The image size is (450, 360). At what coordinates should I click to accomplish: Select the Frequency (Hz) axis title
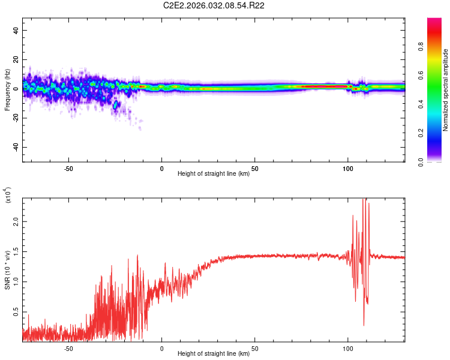point(8,91)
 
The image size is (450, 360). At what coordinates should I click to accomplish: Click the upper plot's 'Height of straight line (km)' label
point(214,173)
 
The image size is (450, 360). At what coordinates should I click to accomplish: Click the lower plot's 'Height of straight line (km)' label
point(214,353)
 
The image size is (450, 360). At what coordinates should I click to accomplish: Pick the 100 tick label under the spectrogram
point(348,168)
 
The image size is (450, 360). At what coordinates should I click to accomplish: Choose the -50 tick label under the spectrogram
point(68,168)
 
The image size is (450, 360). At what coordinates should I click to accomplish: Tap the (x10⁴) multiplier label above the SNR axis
point(8,195)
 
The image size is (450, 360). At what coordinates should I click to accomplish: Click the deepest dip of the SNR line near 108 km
point(364,326)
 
